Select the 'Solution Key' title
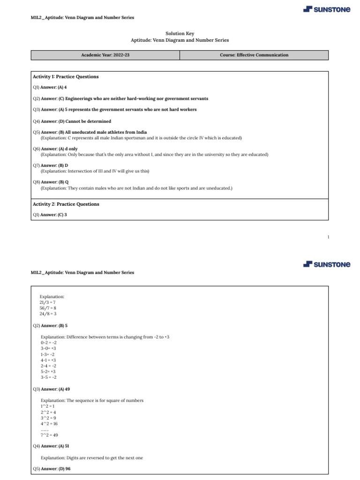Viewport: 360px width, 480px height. (180, 34)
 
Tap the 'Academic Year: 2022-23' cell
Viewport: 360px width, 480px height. (105, 55)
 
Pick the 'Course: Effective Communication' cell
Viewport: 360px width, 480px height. (254, 55)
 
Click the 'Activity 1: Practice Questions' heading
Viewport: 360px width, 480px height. (66, 76)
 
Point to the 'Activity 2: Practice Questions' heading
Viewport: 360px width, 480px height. (66, 204)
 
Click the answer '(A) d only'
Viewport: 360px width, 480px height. (68, 149)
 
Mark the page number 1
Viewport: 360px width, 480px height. (328, 237)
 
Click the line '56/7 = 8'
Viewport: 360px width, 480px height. (48, 308)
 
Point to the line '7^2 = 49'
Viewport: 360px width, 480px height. (49, 435)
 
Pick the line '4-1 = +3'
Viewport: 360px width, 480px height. (48, 360)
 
